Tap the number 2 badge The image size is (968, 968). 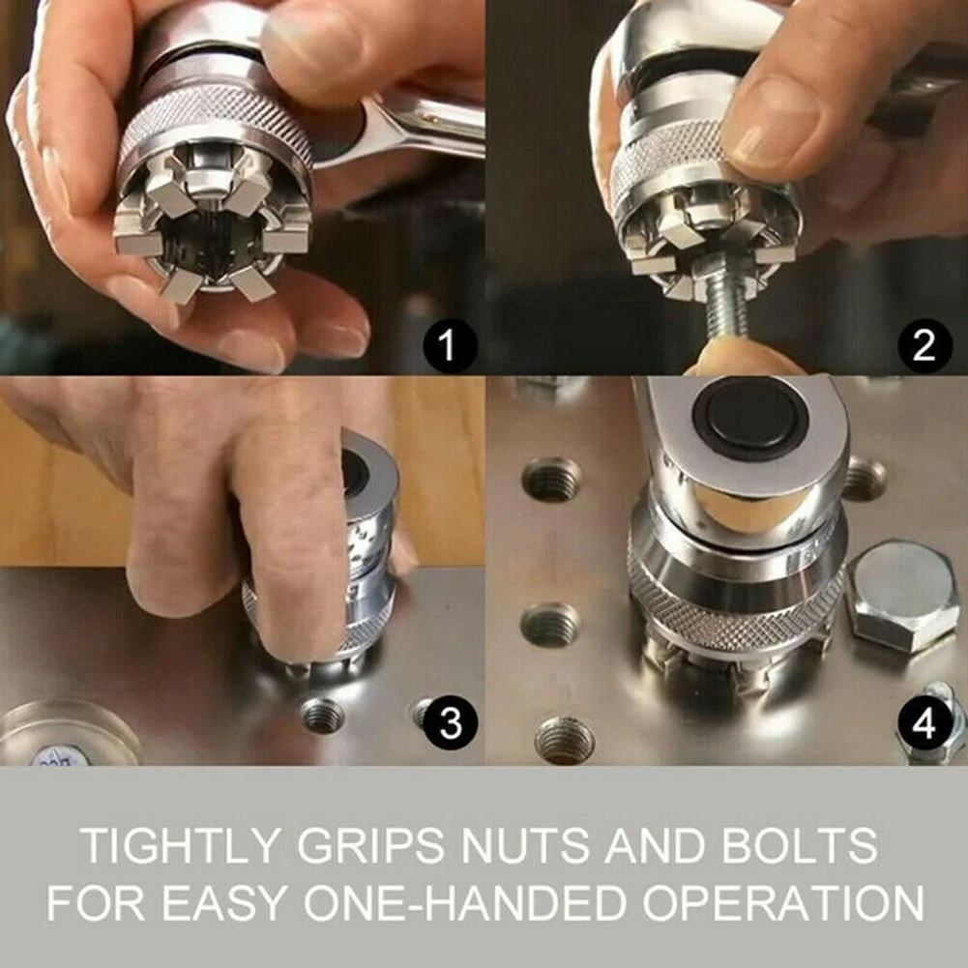pos(924,345)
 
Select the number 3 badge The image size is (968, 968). pos(451,722)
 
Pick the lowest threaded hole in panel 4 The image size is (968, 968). pos(565,740)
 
